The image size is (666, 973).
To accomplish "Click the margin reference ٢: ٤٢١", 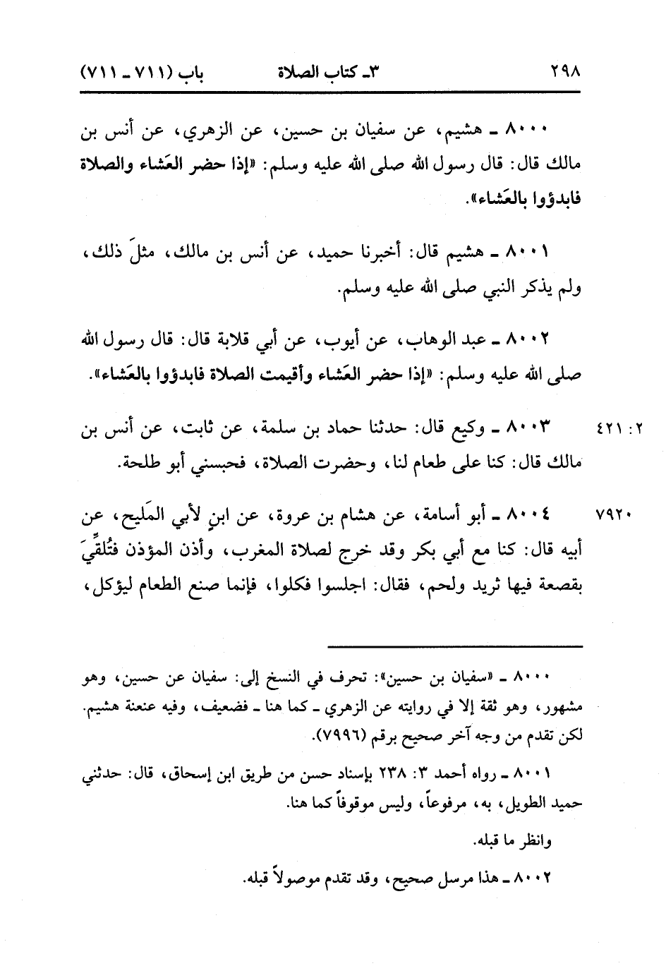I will tap(619, 430).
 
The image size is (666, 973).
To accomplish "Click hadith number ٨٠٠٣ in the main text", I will tap(531, 428).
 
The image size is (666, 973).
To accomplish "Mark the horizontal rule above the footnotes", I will tap(456, 646).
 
